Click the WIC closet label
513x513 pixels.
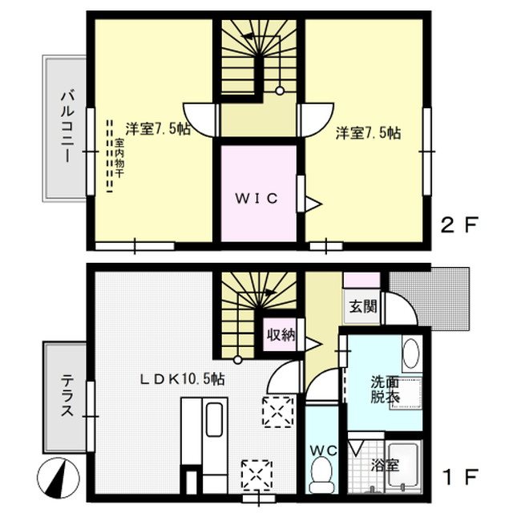(256, 198)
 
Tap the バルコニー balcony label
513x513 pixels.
(67, 127)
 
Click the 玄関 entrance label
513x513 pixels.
(363, 306)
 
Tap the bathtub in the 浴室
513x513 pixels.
(403, 466)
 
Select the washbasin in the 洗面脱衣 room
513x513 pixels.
(411, 353)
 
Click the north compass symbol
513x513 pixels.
(59, 479)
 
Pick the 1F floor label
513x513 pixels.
(460, 478)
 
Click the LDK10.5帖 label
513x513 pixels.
(183, 379)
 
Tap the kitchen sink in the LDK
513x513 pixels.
(214, 420)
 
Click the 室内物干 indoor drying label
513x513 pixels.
(119, 158)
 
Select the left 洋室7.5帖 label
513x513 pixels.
(158, 129)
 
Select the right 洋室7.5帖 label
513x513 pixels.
(368, 133)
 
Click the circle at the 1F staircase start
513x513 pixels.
(238, 360)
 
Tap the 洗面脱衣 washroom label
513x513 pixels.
(385, 390)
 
